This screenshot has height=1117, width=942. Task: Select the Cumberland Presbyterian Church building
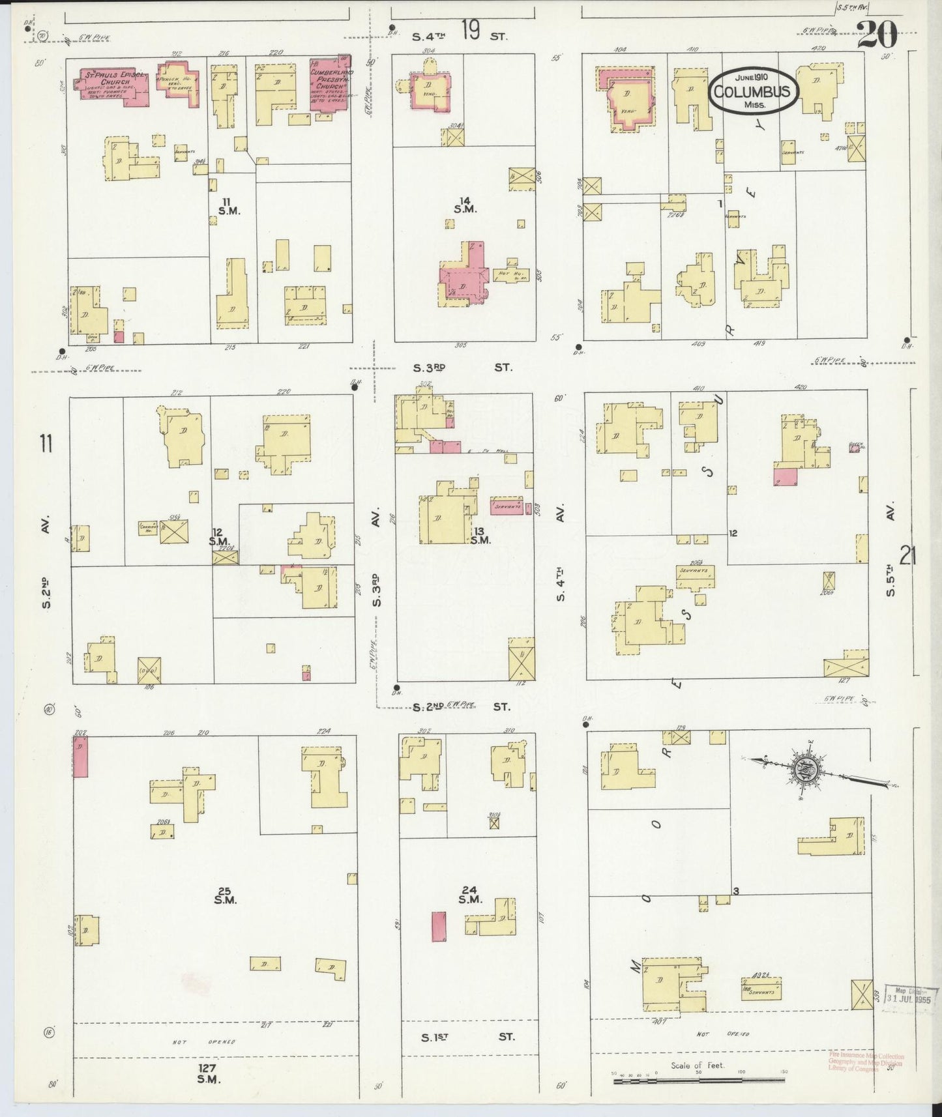[331, 83]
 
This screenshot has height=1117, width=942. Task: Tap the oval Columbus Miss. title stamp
[753, 91]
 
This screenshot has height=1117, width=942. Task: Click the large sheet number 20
[877, 34]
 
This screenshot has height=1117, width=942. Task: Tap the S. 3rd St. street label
[462, 368]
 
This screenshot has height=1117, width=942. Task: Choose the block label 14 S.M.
[466, 205]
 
